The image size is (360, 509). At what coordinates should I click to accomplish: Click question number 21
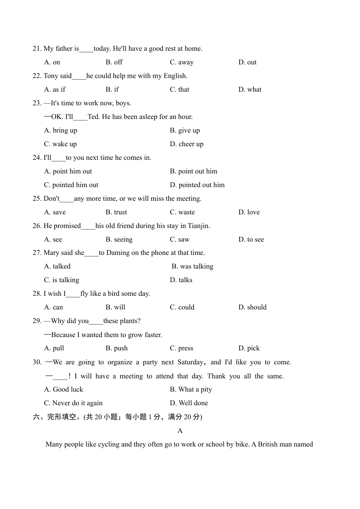(x=37, y=48)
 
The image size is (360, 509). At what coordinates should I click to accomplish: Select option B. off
(x=114, y=62)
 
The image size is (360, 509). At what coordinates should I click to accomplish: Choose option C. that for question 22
(x=179, y=89)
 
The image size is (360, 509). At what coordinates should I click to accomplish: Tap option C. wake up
(x=60, y=144)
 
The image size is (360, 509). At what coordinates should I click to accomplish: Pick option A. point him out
(x=68, y=171)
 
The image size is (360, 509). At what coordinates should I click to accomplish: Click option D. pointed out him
(x=197, y=185)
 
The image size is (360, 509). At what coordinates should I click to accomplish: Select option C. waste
(x=182, y=212)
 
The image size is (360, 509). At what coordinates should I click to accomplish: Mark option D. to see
(x=251, y=239)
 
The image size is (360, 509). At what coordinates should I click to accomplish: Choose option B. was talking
(x=193, y=266)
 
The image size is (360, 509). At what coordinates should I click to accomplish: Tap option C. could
(x=182, y=307)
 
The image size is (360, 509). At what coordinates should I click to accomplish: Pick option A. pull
(x=54, y=348)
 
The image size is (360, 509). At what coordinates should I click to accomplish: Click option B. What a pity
(x=191, y=389)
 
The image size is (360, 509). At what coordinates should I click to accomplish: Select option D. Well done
(x=189, y=403)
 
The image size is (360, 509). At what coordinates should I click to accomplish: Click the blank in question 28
(x=73, y=294)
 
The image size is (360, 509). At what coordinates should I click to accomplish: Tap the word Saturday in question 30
(x=190, y=362)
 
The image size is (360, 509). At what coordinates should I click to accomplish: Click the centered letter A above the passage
(x=180, y=431)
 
